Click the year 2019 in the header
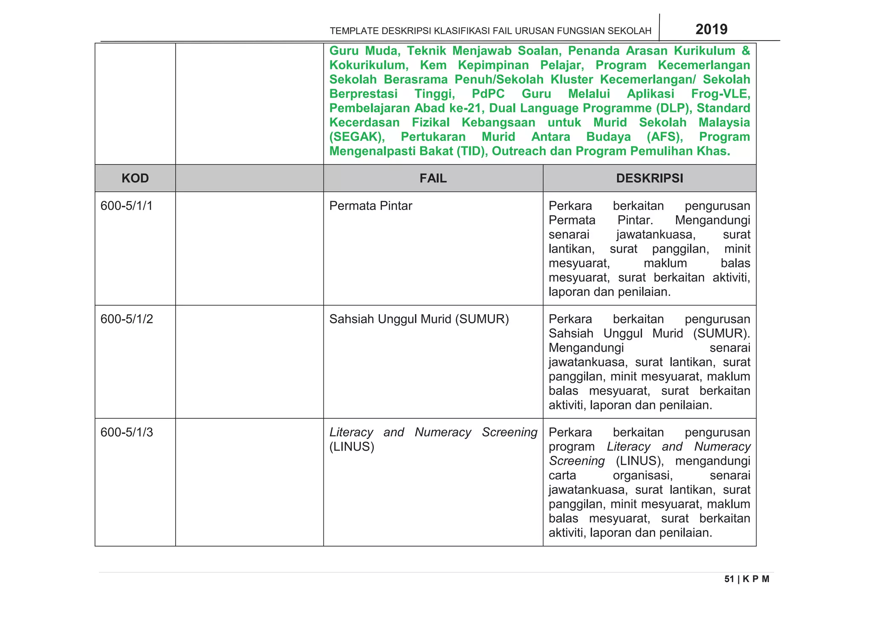click(x=711, y=29)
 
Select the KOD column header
click(x=135, y=178)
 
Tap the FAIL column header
click(x=433, y=178)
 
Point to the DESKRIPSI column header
click(x=649, y=178)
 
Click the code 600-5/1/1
click(x=127, y=206)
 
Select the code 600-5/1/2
click(x=127, y=319)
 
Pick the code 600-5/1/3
click(x=127, y=432)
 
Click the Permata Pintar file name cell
click(x=370, y=206)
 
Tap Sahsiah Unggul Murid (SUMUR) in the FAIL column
click(x=419, y=319)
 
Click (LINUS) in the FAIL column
click(x=352, y=447)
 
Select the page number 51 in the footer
click(x=729, y=579)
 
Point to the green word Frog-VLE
click(x=720, y=94)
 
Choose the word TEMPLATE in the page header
click(x=354, y=31)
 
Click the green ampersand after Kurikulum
click(x=746, y=51)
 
